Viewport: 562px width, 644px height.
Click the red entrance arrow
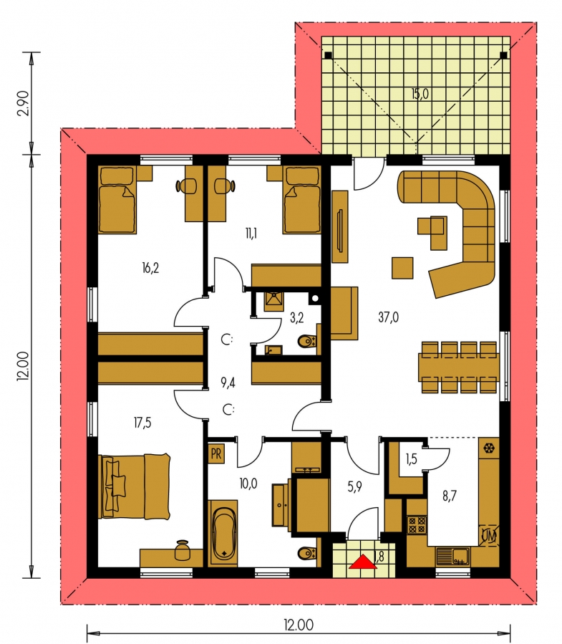(x=363, y=562)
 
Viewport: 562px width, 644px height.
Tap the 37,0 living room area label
(x=388, y=317)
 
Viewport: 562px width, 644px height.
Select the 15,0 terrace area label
(x=420, y=94)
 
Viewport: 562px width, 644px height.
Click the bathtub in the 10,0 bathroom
(x=223, y=533)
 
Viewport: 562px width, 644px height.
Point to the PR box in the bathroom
(x=216, y=454)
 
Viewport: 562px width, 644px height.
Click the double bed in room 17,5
(x=134, y=486)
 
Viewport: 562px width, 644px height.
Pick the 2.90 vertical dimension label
(x=24, y=103)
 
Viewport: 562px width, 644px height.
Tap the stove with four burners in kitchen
(x=417, y=524)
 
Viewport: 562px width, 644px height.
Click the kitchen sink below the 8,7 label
(x=452, y=557)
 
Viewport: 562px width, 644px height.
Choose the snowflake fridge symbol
(x=489, y=448)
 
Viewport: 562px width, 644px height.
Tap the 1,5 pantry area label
(x=411, y=458)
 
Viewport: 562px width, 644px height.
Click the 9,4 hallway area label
(x=228, y=383)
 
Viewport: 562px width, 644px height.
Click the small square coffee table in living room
(x=402, y=268)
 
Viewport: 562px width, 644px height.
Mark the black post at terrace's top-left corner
(x=328, y=55)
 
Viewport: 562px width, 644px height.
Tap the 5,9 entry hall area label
(x=354, y=486)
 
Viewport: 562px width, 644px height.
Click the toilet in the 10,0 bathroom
(x=308, y=553)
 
